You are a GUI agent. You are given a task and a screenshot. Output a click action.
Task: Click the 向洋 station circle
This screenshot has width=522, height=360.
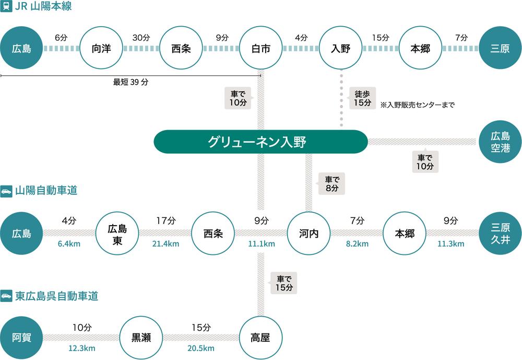tap(101, 49)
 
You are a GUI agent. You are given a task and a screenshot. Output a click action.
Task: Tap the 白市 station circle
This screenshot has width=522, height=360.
tap(260, 49)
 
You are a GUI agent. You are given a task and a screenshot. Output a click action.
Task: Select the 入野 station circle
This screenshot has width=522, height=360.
tap(340, 49)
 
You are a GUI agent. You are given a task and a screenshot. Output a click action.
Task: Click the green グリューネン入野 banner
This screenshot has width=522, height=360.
tap(260, 142)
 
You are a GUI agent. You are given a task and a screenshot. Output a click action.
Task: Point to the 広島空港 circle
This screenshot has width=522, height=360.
tap(500, 142)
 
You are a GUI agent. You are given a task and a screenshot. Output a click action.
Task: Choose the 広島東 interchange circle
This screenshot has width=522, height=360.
tap(117, 233)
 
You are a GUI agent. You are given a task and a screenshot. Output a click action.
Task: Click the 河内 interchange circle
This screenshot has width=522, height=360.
tap(309, 233)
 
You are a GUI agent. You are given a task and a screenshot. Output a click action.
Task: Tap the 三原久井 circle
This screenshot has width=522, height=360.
tap(500, 233)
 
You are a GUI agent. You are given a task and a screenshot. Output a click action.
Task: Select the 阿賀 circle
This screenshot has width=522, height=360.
tap(21, 337)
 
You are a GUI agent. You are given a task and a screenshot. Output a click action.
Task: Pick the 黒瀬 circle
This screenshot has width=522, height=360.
tap(141, 337)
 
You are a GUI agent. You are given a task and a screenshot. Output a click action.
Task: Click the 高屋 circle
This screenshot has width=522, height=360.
tap(260, 337)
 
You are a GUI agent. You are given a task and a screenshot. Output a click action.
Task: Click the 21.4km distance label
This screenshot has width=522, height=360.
tap(165, 244)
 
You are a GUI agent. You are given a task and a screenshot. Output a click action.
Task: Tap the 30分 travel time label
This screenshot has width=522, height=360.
tap(141, 38)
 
